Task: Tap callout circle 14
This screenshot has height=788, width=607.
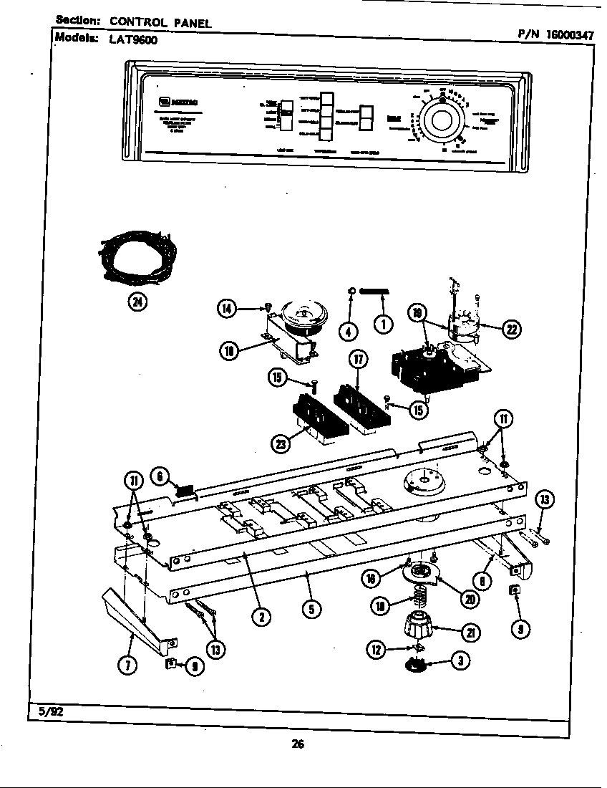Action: point(227,309)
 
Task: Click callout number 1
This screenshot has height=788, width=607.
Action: point(383,325)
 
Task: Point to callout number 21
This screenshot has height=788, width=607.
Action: point(470,631)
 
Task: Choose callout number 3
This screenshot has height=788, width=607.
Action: point(461,661)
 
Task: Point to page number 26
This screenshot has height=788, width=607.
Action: point(298,744)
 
